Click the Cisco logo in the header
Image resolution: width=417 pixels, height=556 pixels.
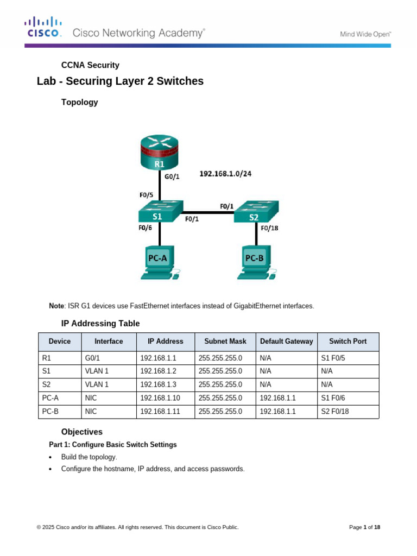pos(43,28)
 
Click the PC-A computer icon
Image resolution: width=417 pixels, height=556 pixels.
pos(157,263)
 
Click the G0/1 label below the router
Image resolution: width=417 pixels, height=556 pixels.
pos(172,176)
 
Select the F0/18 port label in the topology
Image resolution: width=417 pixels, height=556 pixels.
pos(270,228)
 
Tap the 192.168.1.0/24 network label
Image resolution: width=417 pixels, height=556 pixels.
pos(225,174)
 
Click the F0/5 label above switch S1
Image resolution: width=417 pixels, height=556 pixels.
pos(147,194)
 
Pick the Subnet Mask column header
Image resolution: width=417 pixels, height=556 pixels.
pos(225,342)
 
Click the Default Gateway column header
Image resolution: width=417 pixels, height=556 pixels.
pos(286,342)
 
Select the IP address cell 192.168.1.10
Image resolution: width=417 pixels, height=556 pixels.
pos(160,398)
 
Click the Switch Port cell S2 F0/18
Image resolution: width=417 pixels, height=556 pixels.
pos(335,412)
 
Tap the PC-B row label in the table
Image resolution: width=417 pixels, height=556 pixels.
pos(50,412)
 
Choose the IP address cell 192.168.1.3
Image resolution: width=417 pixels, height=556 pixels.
pos(158,384)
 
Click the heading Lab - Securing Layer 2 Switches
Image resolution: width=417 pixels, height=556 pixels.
pos(120,81)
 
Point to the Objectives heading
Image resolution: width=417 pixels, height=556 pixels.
pos(81,432)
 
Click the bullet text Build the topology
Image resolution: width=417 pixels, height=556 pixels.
pos(89,457)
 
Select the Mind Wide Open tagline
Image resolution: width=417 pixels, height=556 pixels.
pos(365,34)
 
